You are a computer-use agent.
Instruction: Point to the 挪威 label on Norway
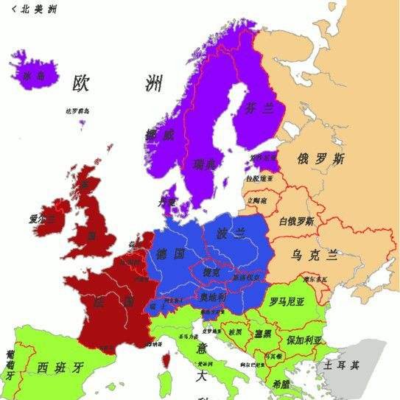tap(159, 135)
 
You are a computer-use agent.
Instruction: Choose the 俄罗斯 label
tap(320, 159)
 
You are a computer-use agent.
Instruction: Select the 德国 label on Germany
tap(170, 254)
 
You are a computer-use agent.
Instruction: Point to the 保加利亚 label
tap(304, 341)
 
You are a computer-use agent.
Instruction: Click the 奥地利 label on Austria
tap(214, 296)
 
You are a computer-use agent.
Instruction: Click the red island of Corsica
tap(166, 360)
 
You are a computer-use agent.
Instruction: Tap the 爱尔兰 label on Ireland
tap(43, 219)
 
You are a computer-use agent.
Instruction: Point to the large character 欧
tap(81, 84)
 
